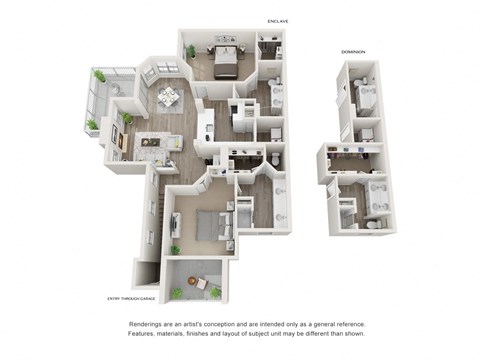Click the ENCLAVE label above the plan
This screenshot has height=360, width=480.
(x=278, y=20)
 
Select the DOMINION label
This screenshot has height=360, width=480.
(x=352, y=52)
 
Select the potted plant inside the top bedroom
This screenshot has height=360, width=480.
(x=190, y=51)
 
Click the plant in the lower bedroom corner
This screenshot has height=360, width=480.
(x=174, y=249)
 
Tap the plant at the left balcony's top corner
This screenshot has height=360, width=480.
(x=98, y=75)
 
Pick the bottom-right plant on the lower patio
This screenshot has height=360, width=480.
(x=214, y=292)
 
